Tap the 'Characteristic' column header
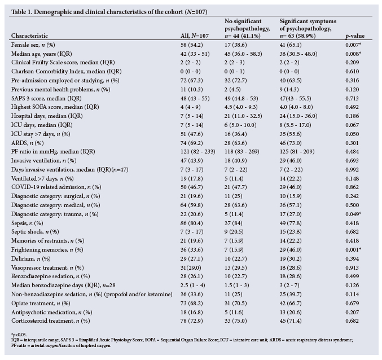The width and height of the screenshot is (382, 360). pyautogui.click(x=36, y=36)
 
